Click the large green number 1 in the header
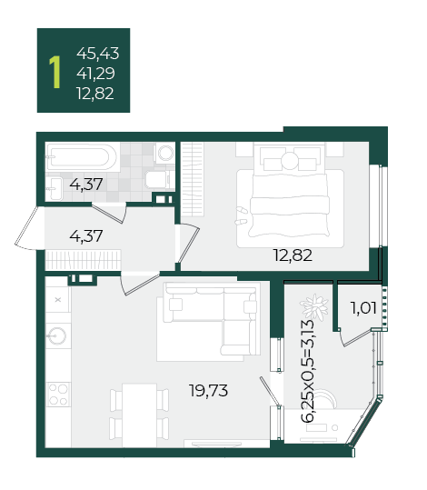55,73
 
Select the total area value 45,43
98,53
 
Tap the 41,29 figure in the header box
96,73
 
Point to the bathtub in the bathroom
82,156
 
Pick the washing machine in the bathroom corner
164,153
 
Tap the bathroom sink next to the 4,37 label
55,189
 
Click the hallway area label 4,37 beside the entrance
86,236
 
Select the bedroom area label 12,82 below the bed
293,255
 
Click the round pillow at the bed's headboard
291,161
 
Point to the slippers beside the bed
241,216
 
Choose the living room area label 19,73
209,390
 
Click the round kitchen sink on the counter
57,335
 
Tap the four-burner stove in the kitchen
58,395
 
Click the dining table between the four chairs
139,415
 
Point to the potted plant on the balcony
314,307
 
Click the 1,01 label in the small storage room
363,308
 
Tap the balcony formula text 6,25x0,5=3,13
308,371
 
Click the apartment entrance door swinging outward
26,228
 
